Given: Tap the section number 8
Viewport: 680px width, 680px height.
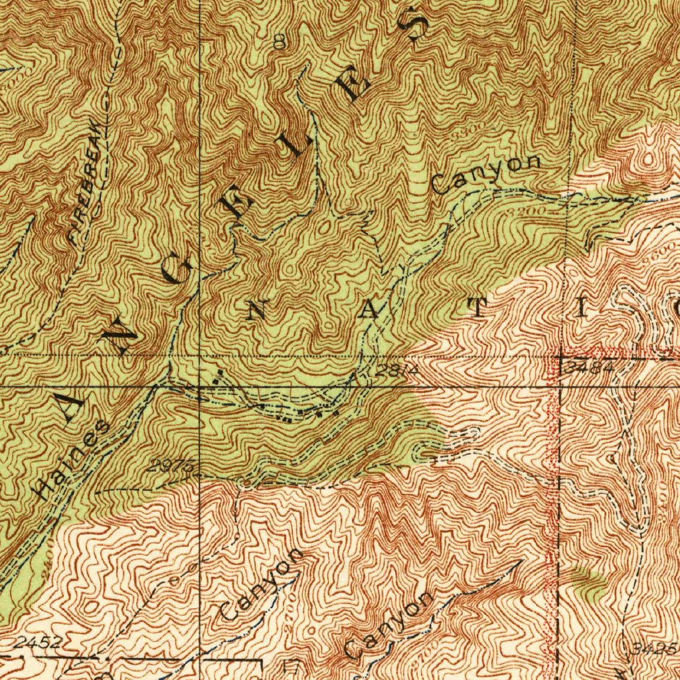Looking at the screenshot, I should pos(280,43).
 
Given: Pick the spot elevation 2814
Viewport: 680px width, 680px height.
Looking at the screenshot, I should pos(396,370).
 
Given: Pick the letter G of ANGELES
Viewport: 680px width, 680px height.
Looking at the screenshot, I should pos(181,270).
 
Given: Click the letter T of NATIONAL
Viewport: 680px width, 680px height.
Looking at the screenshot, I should pos(479,307).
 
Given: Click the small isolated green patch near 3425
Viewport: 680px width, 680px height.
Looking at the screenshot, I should pos(587,580).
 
